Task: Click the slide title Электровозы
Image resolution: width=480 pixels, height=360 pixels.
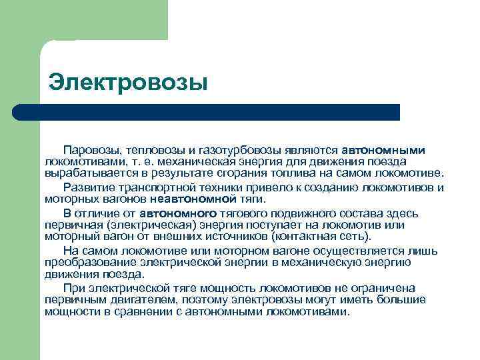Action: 129,83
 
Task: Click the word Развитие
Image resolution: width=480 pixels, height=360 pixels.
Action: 87,187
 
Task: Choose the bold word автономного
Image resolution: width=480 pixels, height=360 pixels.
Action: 178,213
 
